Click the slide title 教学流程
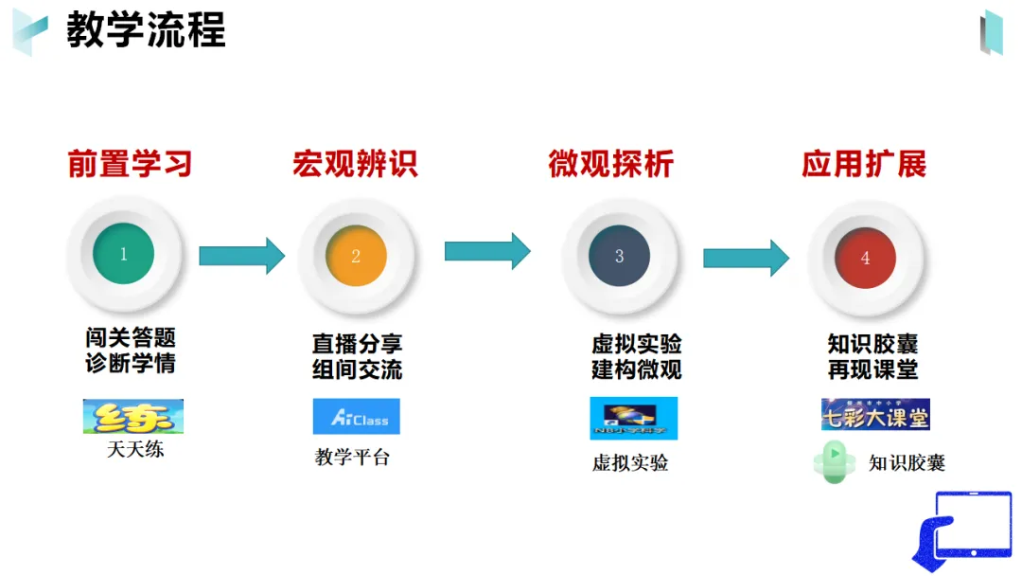point(146,30)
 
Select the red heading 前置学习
point(130,164)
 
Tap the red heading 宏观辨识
point(355,164)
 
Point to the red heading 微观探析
point(610,164)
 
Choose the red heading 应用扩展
point(863,164)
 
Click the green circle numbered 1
point(123,254)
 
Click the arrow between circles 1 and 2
point(241,255)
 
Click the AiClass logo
point(356,416)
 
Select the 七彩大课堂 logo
point(875,414)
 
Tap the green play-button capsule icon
point(836,463)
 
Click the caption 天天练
point(135,449)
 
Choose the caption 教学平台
point(352,458)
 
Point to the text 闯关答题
point(131,338)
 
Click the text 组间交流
point(357,369)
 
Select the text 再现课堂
point(872,369)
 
